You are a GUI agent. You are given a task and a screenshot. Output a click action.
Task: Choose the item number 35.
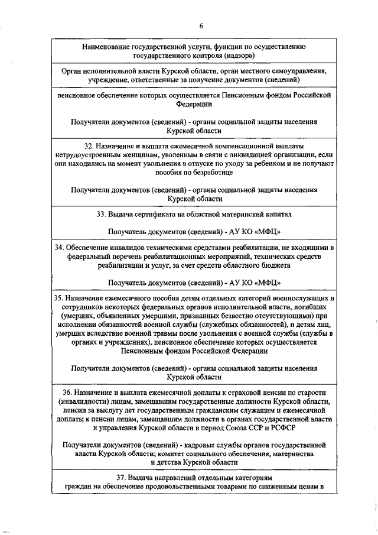click(x=57, y=299)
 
